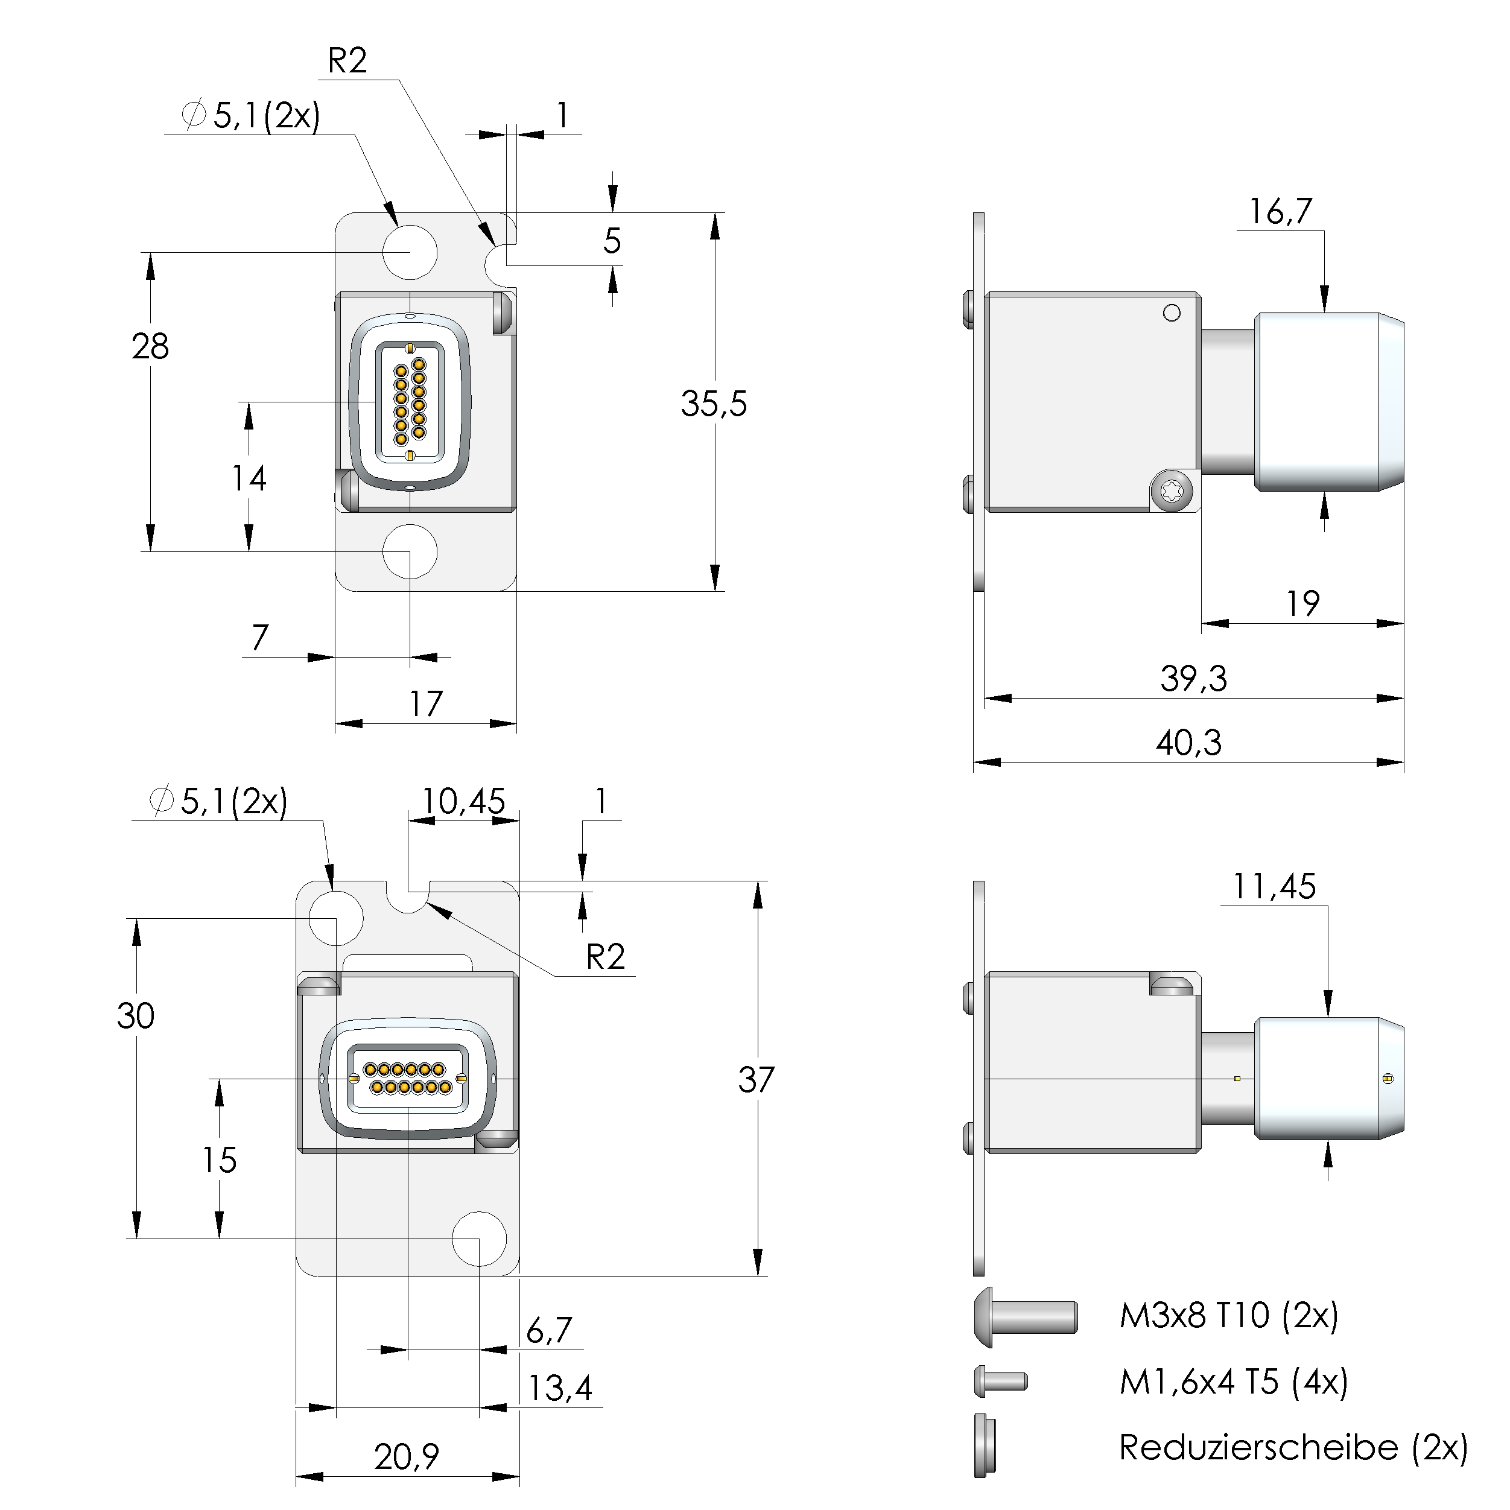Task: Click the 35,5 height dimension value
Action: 713,404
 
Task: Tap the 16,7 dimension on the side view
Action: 1280,212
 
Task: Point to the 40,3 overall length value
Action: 1188,743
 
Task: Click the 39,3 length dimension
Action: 1193,679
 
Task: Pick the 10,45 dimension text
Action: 463,801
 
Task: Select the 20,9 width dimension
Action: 407,1456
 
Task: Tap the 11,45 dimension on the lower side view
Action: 1274,886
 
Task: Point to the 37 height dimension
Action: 756,1079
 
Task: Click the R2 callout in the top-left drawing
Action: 347,61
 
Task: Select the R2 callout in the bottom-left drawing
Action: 606,957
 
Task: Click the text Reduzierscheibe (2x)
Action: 1293,1447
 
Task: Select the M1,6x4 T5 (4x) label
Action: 1233,1382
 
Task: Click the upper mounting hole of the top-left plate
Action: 410,252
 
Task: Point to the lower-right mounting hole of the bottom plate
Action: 479,1239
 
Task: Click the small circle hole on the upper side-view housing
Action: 1172,312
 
